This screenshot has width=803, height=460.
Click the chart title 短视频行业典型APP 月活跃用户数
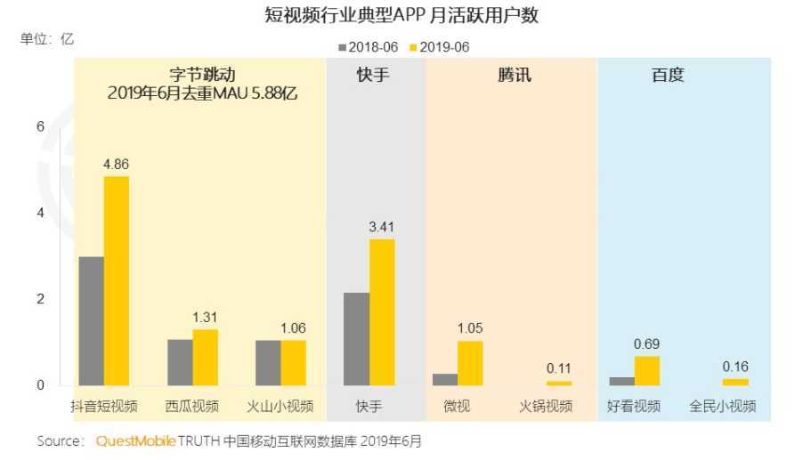coord(401,15)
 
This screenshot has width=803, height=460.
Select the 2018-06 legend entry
coord(368,46)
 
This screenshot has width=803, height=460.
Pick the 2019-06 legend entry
coord(440,46)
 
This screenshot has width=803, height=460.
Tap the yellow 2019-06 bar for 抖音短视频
coord(117,280)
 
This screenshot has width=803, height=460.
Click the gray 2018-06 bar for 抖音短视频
coord(91,320)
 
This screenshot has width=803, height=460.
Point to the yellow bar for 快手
coord(382,311)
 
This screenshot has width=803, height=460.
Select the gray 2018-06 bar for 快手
coord(356,338)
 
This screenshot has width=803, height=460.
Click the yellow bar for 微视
coord(470,363)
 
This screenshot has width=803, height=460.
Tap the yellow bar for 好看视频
coord(647,370)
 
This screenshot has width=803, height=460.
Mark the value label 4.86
coord(117,164)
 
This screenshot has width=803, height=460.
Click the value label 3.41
coord(381,227)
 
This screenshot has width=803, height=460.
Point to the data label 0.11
coord(558,368)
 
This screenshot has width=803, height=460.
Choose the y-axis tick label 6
coord(39,127)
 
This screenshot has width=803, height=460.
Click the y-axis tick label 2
coord(39,299)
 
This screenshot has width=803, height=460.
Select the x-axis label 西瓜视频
coord(191,407)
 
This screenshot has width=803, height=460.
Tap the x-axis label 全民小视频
coord(722,407)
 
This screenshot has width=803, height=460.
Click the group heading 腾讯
coord(514,76)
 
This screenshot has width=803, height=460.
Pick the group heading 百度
coord(667,76)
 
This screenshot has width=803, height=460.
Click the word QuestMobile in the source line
coord(135,440)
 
